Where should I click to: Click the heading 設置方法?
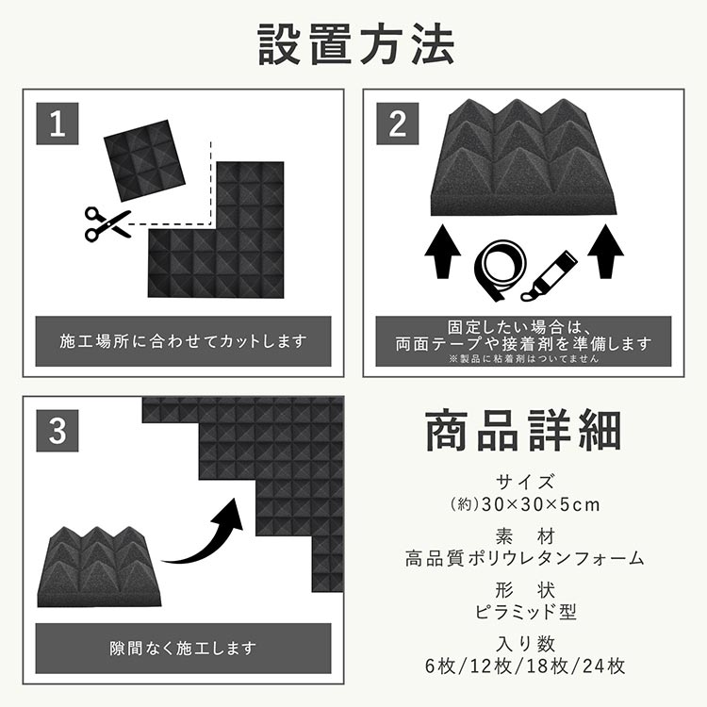click(355, 45)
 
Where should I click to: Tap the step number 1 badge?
click(58, 123)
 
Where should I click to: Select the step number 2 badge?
click(397, 123)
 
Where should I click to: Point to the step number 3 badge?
click(58, 431)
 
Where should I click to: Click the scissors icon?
click(108, 224)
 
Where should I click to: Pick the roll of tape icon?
click(501, 271)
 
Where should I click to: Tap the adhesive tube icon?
click(549, 276)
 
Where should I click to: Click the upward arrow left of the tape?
click(443, 251)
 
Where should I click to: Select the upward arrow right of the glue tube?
click(605, 251)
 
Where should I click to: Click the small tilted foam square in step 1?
click(145, 160)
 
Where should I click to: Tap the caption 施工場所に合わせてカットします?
click(183, 341)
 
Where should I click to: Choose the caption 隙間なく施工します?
click(183, 649)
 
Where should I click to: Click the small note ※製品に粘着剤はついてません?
click(523, 359)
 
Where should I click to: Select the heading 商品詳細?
click(523, 431)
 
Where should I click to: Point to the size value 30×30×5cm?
click(541, 504)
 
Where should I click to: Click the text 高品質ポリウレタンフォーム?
click(524, 559)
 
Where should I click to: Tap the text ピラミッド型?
click(525, 612)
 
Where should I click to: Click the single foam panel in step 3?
click(99, 567)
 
